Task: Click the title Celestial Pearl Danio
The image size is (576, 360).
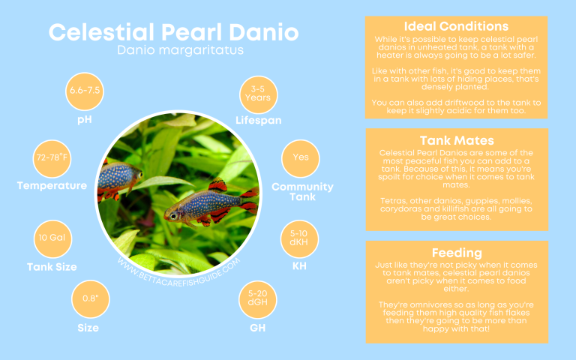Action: (174, 32)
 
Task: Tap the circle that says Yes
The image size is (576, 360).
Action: (301, 157)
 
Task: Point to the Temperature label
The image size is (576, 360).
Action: (52, 186)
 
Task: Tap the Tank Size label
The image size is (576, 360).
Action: (52, 267)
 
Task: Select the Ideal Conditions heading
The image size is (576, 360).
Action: (456, 27)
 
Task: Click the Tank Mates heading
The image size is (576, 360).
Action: (457, 139)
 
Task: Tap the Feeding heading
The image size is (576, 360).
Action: (457, 252)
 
